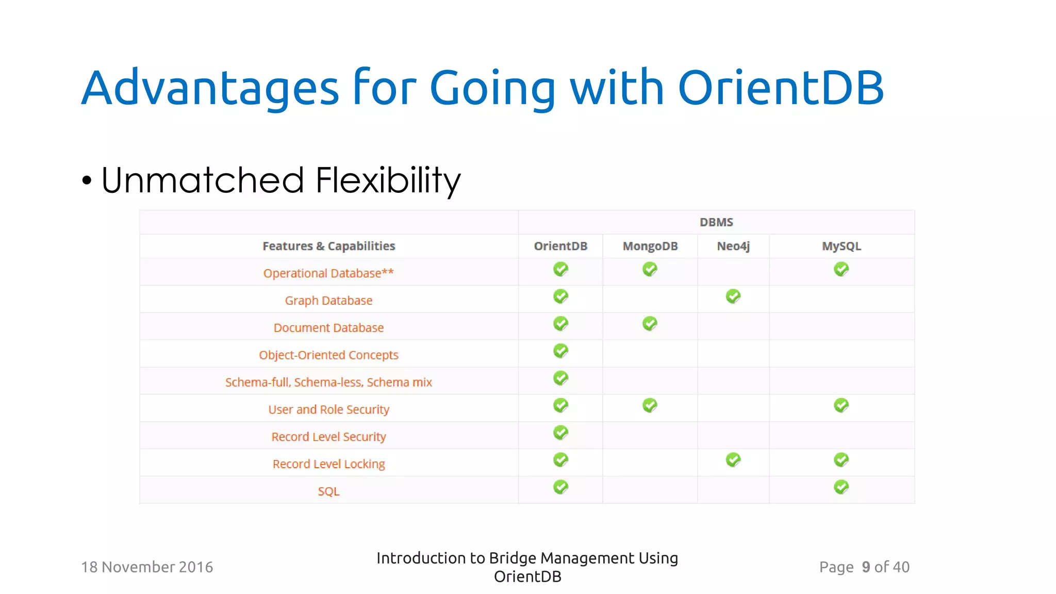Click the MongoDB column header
point(650,246)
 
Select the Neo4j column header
point(733,246)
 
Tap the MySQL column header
point(841,246)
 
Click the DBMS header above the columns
point(716,222)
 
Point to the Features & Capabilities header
point(328,246)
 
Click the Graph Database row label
point(328,301)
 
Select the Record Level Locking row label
point(328,464)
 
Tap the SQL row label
point(328,491)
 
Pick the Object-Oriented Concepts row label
point(328,355)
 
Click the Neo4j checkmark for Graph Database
point(733,296)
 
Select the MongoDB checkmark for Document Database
point(650,324)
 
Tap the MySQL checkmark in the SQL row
point(841,487)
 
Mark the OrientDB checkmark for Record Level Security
point(560,433)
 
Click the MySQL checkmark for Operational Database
point(841,269)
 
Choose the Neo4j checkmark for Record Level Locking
point(733,459)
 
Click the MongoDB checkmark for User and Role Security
point(650,405)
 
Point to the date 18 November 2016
point(147,567)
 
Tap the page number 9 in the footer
point(866,567)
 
